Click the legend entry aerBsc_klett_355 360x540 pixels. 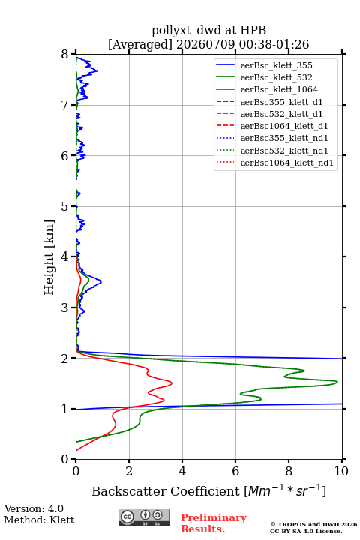276,65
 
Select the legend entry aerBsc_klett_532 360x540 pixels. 276,77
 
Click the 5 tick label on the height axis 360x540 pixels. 65,206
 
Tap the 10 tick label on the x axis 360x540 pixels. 341,471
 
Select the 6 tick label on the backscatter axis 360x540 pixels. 235,471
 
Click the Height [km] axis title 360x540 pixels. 49,257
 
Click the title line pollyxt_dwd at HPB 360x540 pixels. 208,30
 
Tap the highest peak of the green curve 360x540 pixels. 337,382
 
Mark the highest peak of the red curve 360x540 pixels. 172,382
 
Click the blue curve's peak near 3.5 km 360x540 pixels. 101,282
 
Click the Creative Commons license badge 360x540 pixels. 144,517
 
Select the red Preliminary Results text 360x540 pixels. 214,523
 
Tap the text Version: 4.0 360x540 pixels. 34,508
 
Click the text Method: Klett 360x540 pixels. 39,520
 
